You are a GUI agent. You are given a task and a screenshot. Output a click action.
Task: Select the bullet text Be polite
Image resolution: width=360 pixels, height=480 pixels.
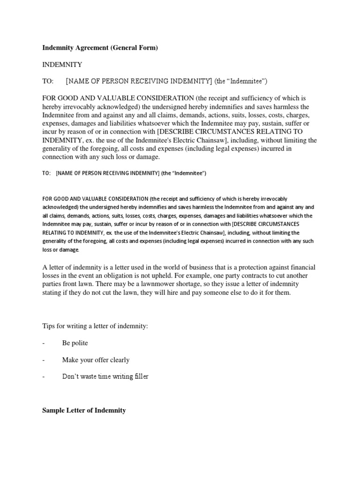point(75,343)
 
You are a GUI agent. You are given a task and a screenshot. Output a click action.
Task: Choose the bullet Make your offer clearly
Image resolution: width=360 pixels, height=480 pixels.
point(96,360)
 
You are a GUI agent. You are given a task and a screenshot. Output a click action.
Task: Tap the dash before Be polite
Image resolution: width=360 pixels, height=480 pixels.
point(44,343)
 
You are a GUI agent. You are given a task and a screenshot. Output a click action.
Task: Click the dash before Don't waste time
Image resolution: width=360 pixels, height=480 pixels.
point(44,376)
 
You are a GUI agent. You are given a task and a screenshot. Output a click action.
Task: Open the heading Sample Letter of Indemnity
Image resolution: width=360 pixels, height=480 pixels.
point(84,410)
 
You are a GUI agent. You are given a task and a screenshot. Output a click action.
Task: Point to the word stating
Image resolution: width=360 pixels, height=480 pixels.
point(52,292)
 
